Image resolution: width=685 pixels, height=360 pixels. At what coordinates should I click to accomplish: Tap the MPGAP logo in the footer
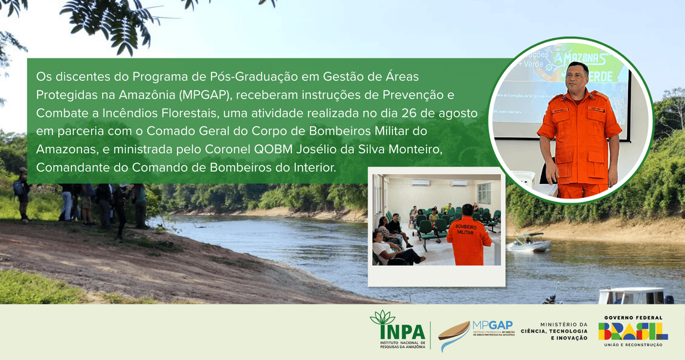pos(477,334)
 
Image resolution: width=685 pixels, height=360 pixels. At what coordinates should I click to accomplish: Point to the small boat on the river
pos(528,243)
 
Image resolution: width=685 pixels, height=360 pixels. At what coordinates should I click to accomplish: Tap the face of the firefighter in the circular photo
pos(577,76)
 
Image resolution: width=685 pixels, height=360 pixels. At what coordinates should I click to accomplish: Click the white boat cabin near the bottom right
pos(631,296)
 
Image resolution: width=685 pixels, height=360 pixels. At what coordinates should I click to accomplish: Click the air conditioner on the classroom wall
pos(421,182)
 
